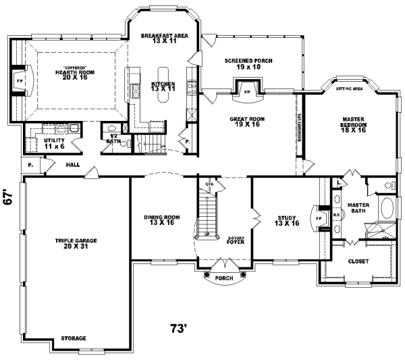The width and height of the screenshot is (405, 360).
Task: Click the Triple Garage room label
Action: (x=75, y=243)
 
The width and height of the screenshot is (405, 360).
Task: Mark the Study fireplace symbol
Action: (x=319, y=218)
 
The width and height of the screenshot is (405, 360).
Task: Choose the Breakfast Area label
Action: (x=163, y=38)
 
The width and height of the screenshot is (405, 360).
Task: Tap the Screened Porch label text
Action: (x=248, y=64)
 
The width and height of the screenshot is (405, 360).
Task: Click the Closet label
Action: (x=358, y=261)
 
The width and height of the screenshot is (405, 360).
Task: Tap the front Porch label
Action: (x=224, y=278)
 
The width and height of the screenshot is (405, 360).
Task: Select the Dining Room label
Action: (x=161, y=220)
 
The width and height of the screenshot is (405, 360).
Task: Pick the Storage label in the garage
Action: (x=74, y=338)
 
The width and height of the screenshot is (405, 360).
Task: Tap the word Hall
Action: (x=74, y=164)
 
